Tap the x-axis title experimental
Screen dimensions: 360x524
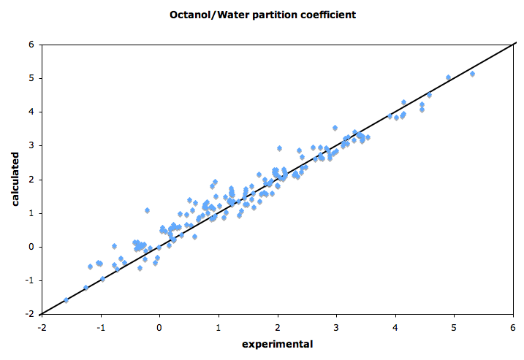coord(277,344)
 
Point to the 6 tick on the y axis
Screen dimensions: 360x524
coord(32,44)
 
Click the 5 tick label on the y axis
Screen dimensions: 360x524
coord(32,77)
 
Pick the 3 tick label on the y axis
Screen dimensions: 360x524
coord(32,145)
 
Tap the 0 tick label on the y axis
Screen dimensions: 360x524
coord(32,247)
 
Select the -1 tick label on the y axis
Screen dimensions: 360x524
coord(31,280)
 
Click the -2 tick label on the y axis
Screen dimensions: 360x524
coord(31,314)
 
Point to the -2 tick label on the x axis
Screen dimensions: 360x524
coord(42,327)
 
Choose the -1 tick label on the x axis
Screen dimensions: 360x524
coord(100,327)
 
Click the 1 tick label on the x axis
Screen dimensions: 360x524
coord(219,327)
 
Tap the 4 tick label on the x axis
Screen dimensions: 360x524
coord(395,327)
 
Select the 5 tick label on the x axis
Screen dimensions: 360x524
coord(454,327)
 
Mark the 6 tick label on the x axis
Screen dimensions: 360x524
coord(513,327)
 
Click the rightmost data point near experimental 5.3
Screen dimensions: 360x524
coord(472,74)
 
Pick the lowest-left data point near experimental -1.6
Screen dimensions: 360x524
coord(66,299)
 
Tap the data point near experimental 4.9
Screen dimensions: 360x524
coord(448,77)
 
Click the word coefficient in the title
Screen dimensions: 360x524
coord(330,15)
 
